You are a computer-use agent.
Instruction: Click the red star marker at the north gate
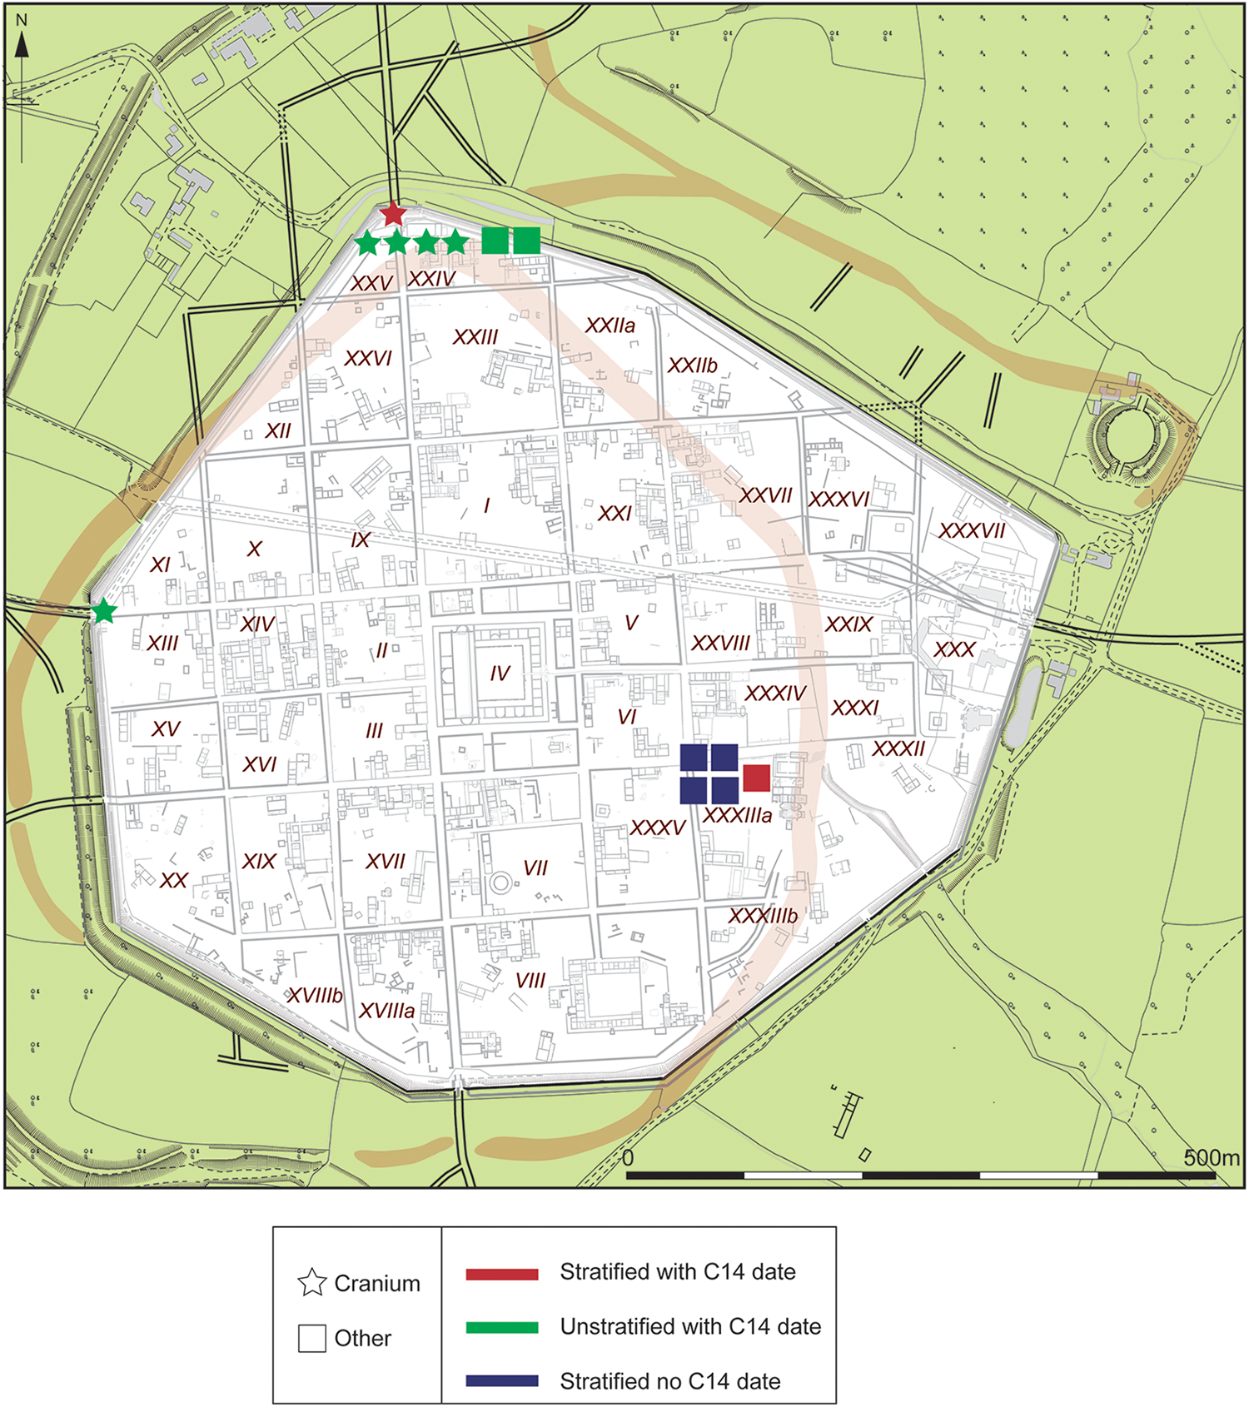pyautogui.click(x=393, y=215)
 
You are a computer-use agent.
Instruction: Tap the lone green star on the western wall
pyautogui.click(x=103, y=613)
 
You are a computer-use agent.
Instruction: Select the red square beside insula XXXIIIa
pyautogui.click(x=756, y=778)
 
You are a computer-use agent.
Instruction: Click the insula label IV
pyautogui.click(x=500, y=674)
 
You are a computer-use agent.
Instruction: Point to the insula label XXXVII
pyautogui.click(x=972, y=531)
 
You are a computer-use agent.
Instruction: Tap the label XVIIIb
pyautogui.click(x=315, y=996)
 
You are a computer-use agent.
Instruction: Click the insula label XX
pyautogui.click(x=173, y=881)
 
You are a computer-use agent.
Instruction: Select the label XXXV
pyautogui.click(x=657, y=828)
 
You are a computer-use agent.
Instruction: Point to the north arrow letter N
pyautogui.click(x=22, y=21)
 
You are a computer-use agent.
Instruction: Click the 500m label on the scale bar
pyautogui.click(x=1212, y=1158)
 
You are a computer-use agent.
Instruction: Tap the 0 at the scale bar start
pyautogui.click(x=629, y=1158)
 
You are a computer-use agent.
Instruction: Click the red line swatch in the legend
pyautogui.click(x=502, y=1274)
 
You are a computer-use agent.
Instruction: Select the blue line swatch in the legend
pyautogui.click(x=502, y=1381)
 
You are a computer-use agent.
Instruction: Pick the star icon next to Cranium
pyautogui.click(x=312, y=1283)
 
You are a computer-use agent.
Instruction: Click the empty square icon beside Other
pyautogui.click(x=312, y=1338)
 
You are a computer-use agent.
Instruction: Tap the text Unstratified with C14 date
pyautogui.click(x=690, y=1327)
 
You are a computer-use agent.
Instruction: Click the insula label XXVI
pyautogui.click(x=368, y=359)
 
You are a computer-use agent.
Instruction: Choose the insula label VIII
pyautogui.click(x=530, y=981)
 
